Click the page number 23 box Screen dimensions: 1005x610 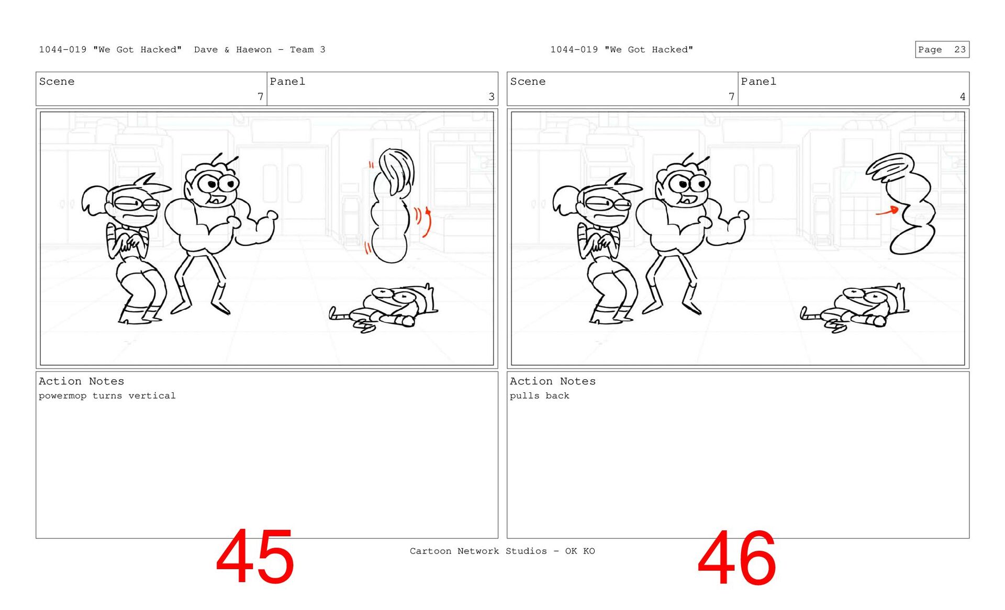coord(942,49)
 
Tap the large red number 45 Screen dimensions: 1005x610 coord(255,557)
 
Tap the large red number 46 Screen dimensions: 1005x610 coord(736,558)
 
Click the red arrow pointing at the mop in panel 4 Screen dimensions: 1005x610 coord(887,211)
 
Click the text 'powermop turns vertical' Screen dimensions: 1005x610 coord(107,396)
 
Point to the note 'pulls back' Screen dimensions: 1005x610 coord(540,396)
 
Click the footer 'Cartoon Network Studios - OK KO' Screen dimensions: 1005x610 coord(502,551)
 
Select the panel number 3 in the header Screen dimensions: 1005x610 coord(492,97)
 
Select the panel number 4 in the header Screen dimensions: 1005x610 coord(963,97)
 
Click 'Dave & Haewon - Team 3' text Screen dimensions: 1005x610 coord(260,50)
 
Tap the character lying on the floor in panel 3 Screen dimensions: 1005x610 coord(384,309)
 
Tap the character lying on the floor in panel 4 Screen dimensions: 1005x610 coord(855,309)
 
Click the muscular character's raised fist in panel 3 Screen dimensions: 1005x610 coord(271,215)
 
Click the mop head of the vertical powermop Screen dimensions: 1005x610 coord(396,171)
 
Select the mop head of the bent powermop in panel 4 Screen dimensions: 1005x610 coord(890,166)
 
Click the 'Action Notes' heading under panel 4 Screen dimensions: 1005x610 coord(553,381)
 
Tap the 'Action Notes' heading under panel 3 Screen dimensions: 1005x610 coord(82,381)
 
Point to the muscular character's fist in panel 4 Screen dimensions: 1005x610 coord(742,215)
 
